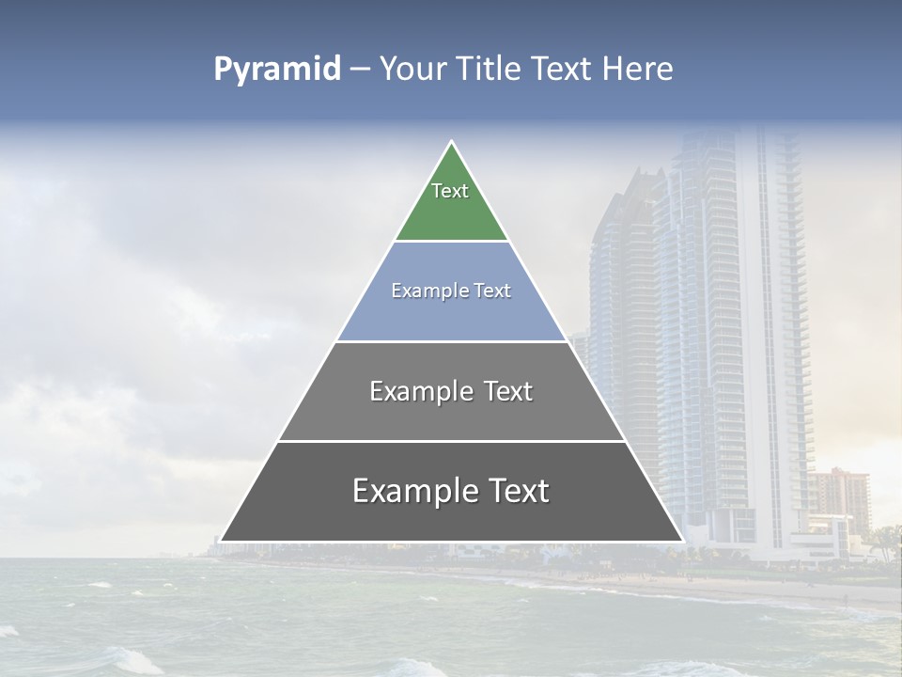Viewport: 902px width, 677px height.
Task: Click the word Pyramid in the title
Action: click(277, 70)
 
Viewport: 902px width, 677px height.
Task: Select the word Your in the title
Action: click(412, 70)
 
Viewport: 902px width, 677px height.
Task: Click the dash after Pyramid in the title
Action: click(360, 70)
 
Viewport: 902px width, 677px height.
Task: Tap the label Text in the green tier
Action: click(450, 191)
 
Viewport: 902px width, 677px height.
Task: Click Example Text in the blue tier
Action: click(451, 291)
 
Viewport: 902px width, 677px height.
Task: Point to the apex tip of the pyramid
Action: click(452, 143)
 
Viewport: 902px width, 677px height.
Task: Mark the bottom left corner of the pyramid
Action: click(222, 541)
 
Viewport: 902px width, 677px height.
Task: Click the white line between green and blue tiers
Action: click(451, 242)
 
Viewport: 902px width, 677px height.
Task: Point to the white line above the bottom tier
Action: click(451, 441)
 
